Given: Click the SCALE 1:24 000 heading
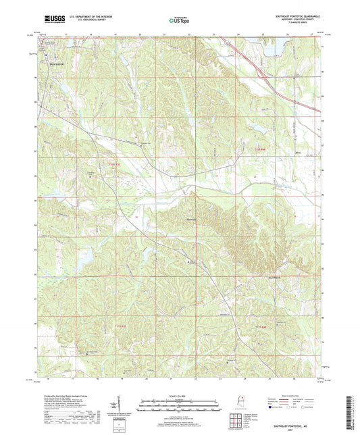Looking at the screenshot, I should [179, 396].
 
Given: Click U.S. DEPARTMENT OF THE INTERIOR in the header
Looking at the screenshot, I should [86, 17].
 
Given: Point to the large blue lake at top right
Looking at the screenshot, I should [270, 48].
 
